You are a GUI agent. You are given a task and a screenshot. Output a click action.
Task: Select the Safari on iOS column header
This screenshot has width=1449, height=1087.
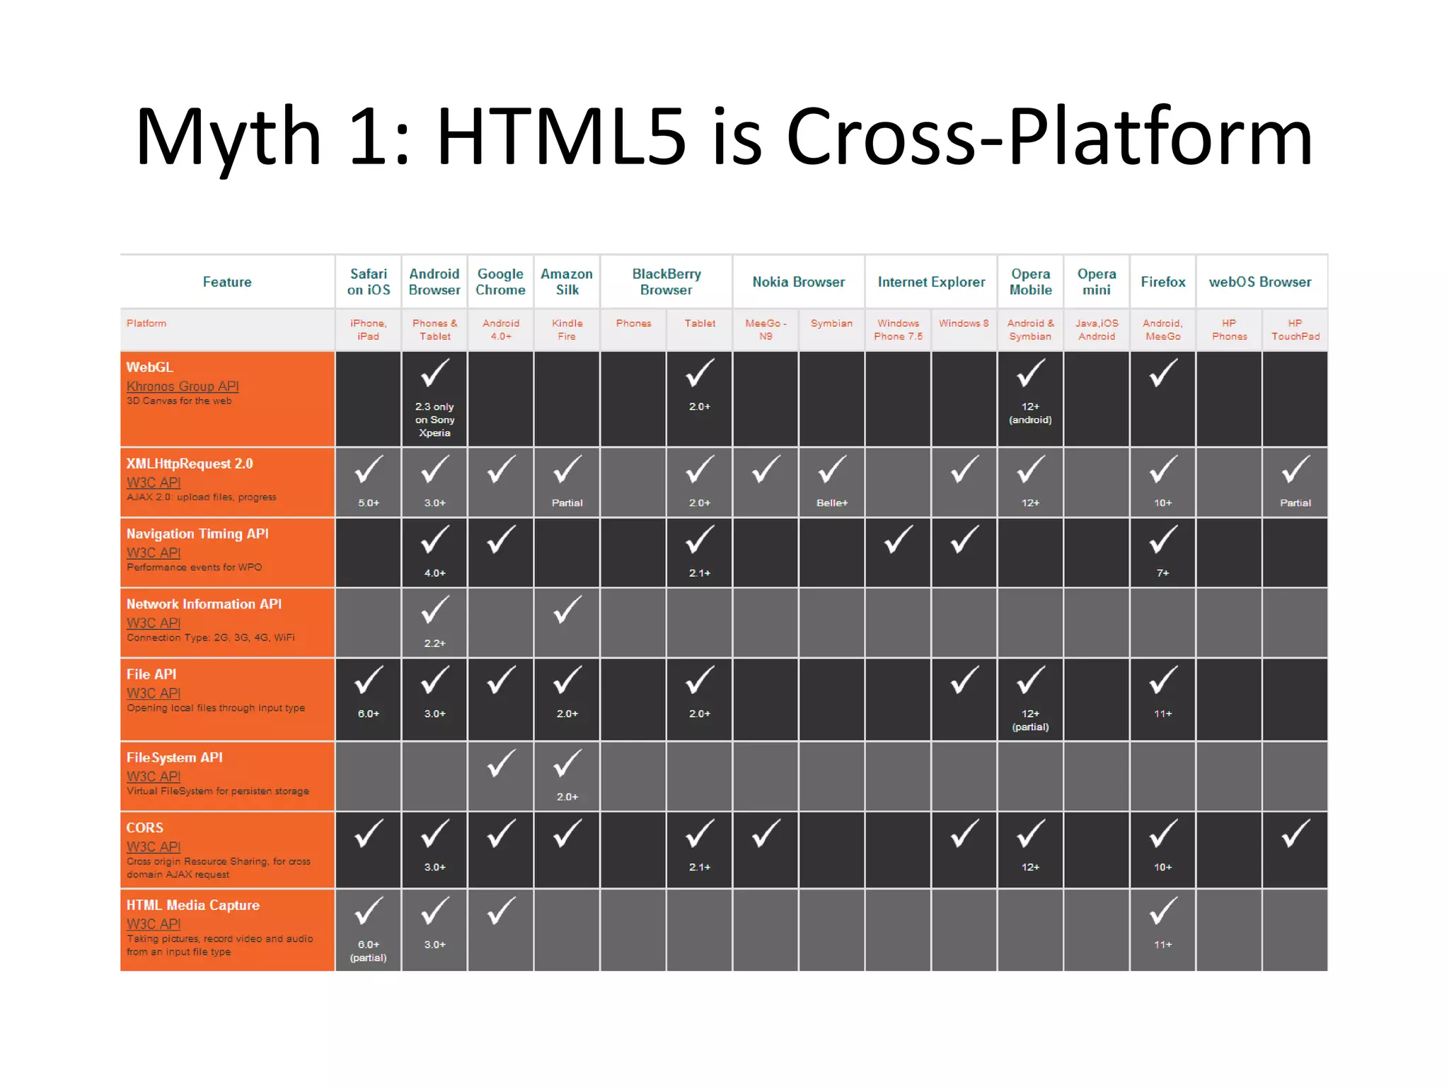tap(368, 282)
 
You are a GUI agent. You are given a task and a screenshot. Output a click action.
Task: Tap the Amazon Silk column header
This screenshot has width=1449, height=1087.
tap(567, 282)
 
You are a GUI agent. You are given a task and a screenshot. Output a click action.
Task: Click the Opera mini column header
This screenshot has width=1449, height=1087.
tap(1096, 282)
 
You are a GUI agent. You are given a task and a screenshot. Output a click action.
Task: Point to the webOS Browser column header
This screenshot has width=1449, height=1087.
tap(1259, 282)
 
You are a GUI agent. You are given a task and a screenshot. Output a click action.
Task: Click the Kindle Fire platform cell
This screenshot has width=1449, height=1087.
tap(567, 330)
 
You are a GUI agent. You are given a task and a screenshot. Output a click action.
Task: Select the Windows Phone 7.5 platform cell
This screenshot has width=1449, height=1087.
tap(898, 330)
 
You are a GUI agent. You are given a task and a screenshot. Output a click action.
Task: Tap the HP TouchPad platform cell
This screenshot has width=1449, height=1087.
tap(1295, 330)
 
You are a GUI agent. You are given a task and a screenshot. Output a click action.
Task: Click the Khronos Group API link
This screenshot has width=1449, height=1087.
tap(183, 386)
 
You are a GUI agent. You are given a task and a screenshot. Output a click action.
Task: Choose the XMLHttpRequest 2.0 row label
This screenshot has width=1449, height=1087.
tap(190, 464)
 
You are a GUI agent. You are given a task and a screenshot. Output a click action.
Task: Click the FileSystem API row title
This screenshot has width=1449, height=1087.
tap(174, 757)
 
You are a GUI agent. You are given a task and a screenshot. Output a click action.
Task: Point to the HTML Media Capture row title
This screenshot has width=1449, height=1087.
tap(192, 905)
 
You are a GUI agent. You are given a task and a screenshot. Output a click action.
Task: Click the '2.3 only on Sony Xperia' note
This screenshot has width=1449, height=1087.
tap(434, 420)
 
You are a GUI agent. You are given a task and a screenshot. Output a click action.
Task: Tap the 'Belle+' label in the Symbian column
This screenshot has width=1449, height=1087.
tap(831, 503)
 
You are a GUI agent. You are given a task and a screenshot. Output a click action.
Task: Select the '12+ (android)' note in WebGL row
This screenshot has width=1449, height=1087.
tap(1030, 413)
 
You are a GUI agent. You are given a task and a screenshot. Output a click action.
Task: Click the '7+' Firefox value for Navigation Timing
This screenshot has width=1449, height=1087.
tap(1162, 573)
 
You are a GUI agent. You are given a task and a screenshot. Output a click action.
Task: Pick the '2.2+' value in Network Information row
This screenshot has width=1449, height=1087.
tap(434, 643)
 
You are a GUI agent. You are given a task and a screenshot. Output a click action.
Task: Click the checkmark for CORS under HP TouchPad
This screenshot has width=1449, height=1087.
tap(1295, 834)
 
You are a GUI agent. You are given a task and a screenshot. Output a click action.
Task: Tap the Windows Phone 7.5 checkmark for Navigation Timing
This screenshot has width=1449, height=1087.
tap(898, 540)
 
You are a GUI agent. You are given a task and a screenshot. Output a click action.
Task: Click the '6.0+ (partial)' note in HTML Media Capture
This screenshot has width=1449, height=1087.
tap(368, 951)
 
